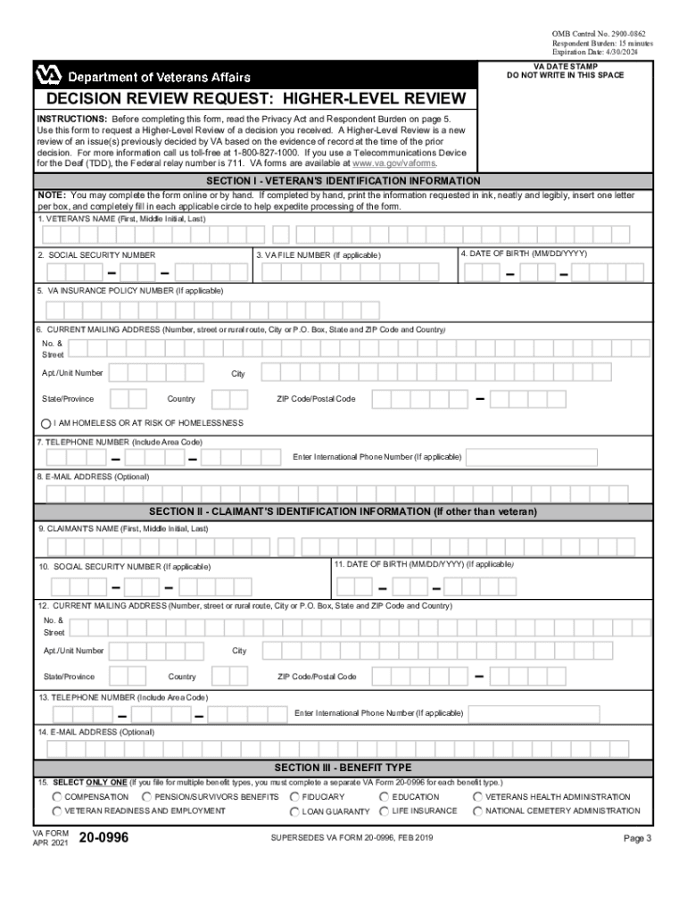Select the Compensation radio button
pos(57,796)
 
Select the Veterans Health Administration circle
pos(478,796)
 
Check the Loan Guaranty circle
pos(294,811)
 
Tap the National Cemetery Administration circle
pos(478,811)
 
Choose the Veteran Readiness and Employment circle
pos(57,811)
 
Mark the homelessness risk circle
pos(46,422)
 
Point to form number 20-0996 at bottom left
pos(103,838)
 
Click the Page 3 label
pos(638,838)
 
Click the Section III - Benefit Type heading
pos(343,768)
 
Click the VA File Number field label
pos(319,255)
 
